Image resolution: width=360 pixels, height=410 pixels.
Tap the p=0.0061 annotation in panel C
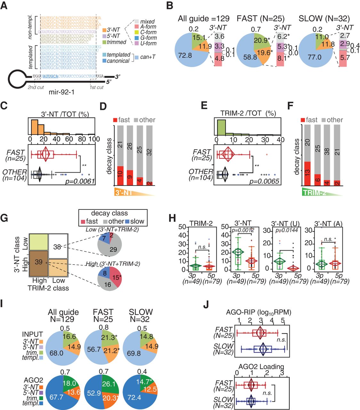pyautogui.click(x=80, y=181)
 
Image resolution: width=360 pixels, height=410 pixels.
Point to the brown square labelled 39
pyautogui.click(x=38, y=262)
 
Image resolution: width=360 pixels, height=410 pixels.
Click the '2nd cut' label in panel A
pyautogui.click(x=36, y=87)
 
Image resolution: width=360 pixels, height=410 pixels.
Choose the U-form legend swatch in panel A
pyautogui.click(x=136, y=43)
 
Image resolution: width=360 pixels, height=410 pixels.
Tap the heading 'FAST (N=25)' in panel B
pyautogui.click(x=260, y=19)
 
